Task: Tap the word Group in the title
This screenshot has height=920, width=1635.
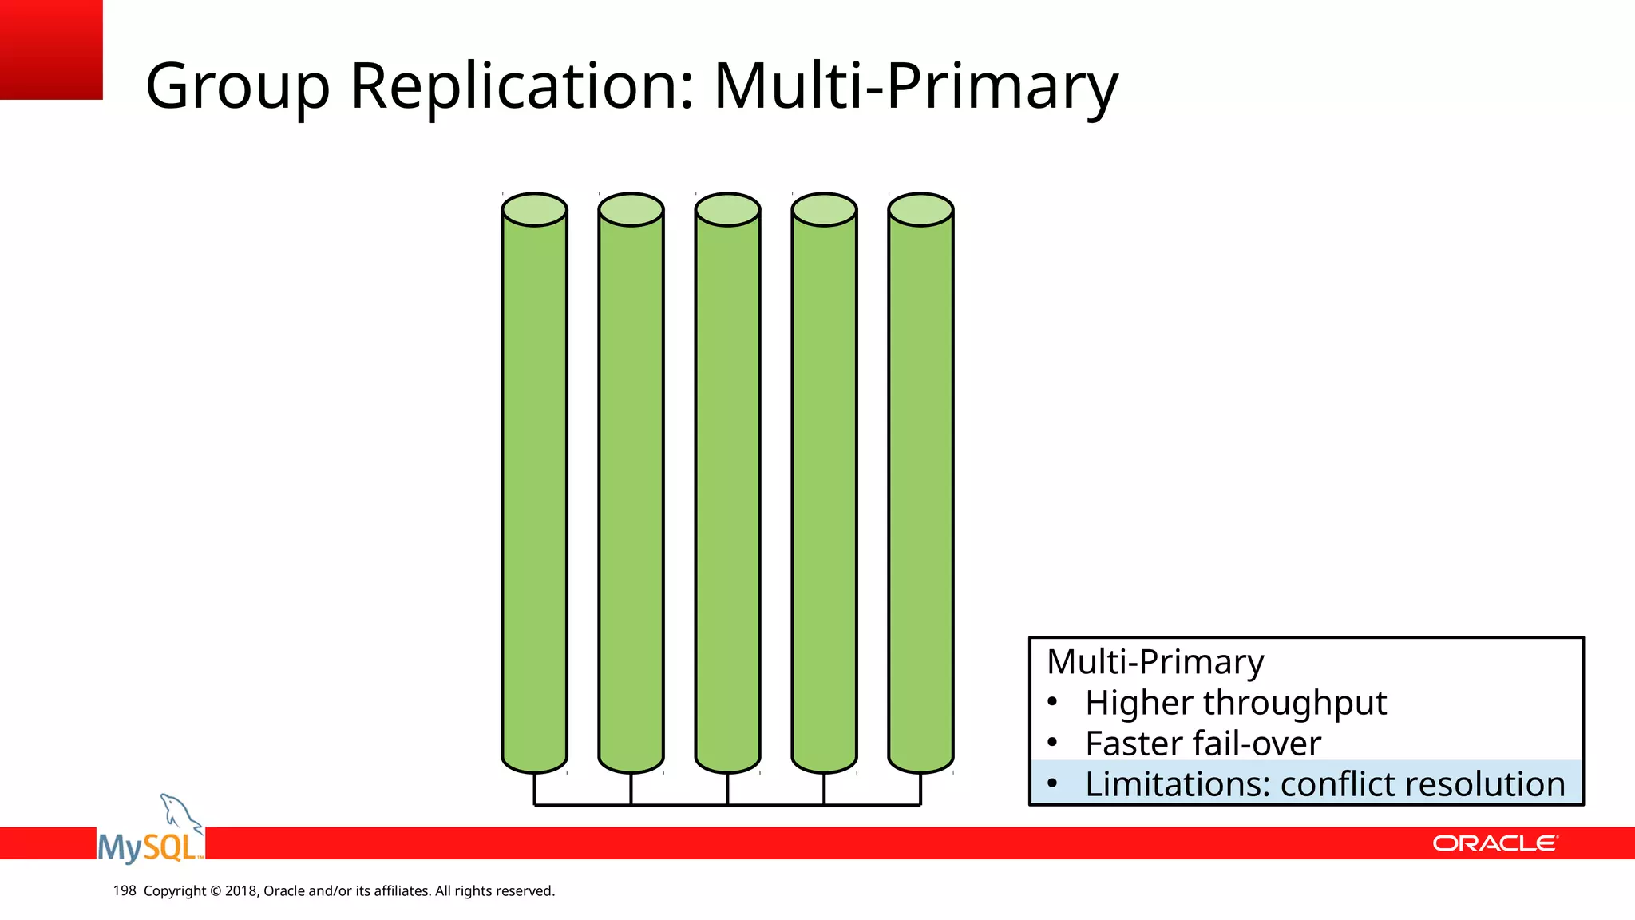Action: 237,86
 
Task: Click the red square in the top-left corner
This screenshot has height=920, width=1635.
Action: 51,50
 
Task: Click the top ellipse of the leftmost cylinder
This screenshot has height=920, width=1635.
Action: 534,209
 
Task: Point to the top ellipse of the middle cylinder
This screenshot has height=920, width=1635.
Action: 727,209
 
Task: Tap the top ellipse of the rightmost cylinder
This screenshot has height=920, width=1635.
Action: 920,209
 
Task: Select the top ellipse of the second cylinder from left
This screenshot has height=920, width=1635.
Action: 631,209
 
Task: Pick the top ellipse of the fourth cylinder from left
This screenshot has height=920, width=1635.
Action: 824,209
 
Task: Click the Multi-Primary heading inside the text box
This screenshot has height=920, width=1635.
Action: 1154,661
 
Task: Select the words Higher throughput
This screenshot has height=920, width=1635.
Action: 1235,703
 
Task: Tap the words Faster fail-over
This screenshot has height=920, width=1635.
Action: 1202,744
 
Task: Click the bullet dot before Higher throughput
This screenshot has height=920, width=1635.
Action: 1052,703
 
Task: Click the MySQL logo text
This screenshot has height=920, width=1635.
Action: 149,847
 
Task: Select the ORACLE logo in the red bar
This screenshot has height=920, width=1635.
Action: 1494,843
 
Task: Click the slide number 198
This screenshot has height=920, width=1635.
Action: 125,890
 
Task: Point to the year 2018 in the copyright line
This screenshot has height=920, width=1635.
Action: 240,890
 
